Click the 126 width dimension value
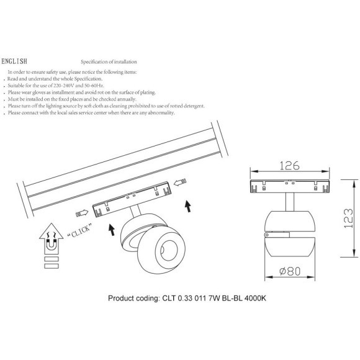[289, 166]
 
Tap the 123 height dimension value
[348, 218]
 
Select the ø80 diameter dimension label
[290, 271]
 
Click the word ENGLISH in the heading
[14, 61]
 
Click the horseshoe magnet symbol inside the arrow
[51, 245]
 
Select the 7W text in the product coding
[214, 298]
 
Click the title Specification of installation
[109, 62]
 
